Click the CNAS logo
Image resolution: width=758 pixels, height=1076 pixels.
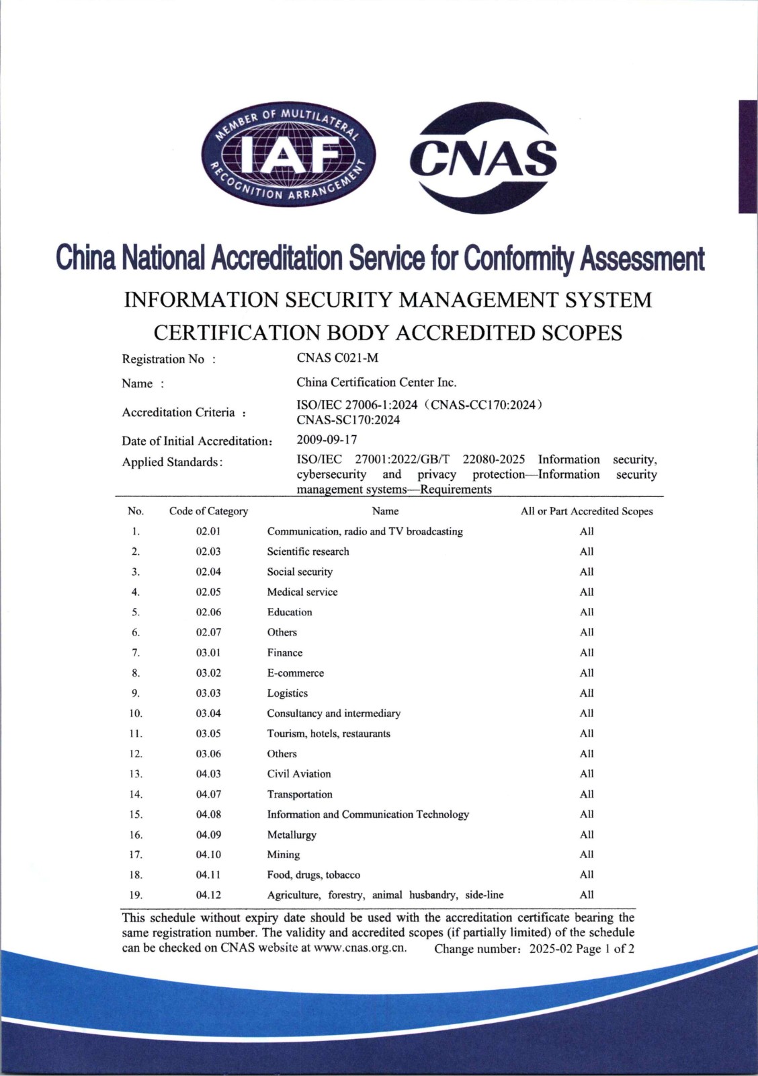[x=483, y=159]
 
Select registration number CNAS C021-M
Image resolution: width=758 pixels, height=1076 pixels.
[x=337, y=358]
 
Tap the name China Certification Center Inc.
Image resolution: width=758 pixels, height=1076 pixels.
[x=376, y=382]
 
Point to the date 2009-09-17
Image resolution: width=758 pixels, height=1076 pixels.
[x=327, y=440]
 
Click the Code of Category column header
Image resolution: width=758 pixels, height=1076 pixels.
[x=208, y=511]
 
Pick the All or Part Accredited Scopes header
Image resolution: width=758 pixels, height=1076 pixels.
[x=586, y=511]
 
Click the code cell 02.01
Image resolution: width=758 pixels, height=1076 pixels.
[x=208, y=531]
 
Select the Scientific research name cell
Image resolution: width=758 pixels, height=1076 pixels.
[x=308, y=551]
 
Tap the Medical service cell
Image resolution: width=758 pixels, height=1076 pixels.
[x=302, y=592]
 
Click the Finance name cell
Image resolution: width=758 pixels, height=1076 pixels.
[x=285, y=652]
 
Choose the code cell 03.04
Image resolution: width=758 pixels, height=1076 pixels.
[x=208, y=713]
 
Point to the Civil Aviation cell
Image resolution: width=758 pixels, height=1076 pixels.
[x=299, y=773]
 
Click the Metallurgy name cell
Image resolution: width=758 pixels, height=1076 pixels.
[x=292, y=835]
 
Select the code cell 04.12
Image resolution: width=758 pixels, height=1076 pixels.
[x=208, y=895]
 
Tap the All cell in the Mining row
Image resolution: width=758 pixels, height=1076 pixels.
[x=587, y=855]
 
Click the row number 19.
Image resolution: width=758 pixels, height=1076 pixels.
[x=136, y=895]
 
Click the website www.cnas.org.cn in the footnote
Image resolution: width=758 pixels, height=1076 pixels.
[x=360, y=948]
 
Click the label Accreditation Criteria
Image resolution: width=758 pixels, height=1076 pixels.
[x=178, y=412]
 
